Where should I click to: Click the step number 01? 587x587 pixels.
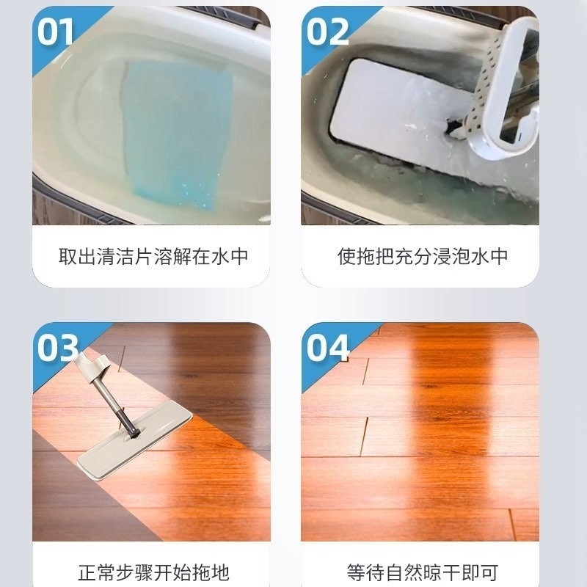(x=55, y=32)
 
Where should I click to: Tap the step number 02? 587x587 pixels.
(x=327, y=32)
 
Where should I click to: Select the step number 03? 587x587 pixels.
(x=58, y=348)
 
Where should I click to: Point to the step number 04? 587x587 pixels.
(x=327, y=348)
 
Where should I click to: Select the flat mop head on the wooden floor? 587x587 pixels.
(x=135, y=441)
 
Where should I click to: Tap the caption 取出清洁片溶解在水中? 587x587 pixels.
(x=153, y=256)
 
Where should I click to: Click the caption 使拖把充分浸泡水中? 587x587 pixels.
(x=423, y=256)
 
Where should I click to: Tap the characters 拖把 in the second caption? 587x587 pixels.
(x=375, y=256)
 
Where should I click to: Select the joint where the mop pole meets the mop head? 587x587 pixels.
(x=132, y=435)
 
